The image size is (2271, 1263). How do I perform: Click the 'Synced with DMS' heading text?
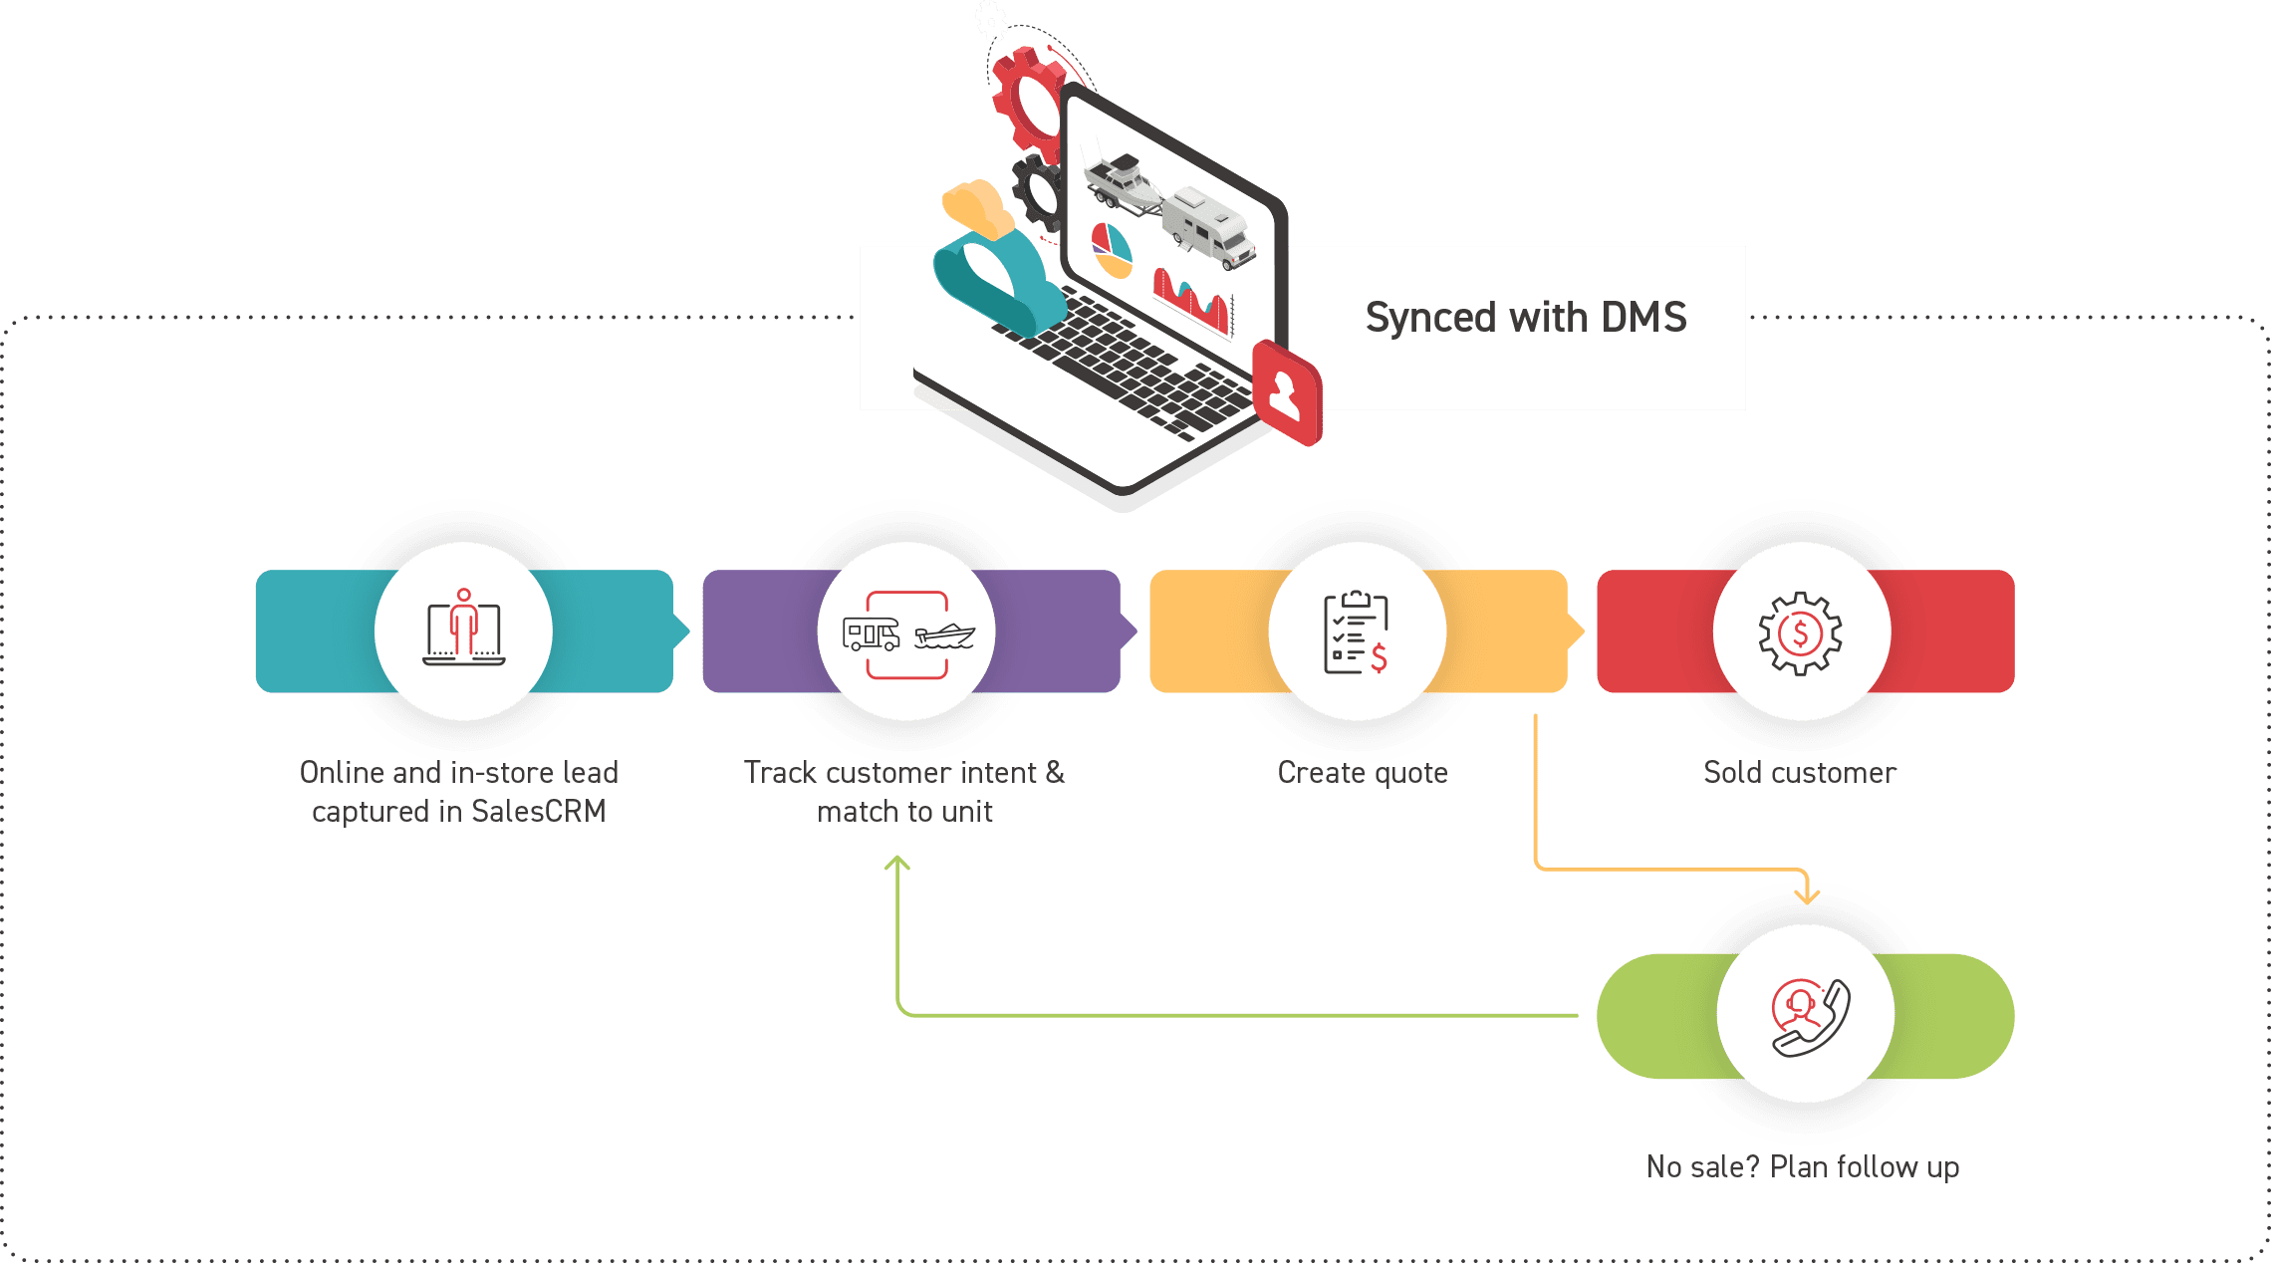1525,318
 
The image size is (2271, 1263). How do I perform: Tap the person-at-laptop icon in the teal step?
463,630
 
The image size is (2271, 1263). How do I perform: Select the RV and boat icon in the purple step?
906,633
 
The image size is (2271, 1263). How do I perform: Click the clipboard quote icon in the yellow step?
1356,632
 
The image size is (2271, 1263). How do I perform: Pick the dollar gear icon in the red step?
1800,632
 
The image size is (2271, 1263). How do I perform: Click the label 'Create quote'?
1362,773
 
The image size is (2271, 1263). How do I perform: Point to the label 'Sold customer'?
1799,773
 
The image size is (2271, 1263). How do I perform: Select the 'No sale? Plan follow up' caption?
1803,1166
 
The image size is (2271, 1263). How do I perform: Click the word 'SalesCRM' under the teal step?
538,812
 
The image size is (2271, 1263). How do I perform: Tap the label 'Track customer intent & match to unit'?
904,792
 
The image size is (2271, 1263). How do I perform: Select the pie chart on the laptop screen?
1112,251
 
